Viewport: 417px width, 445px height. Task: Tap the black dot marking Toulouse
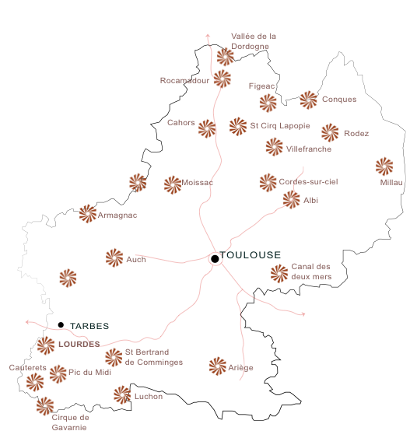215,259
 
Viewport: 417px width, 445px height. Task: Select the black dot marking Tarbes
61,324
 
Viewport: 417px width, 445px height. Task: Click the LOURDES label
79,343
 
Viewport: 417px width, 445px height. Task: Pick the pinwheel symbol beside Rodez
330,132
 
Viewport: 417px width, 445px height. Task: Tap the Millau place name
393,182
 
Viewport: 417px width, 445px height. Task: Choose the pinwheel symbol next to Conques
308,99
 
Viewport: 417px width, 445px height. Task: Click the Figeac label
261,86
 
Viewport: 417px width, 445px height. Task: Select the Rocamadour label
184,80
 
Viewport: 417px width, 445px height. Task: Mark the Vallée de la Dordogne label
254,41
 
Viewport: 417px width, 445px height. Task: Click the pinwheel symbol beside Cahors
206,128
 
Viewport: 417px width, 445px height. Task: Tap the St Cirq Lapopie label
280,125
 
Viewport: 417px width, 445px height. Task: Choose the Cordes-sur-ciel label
309,181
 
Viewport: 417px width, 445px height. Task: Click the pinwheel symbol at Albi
291,200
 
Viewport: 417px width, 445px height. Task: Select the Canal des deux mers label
311,272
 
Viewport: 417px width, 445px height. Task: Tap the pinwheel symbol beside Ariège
218,366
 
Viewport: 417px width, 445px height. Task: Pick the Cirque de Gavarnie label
70,422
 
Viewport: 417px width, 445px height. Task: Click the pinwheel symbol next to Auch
114,258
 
